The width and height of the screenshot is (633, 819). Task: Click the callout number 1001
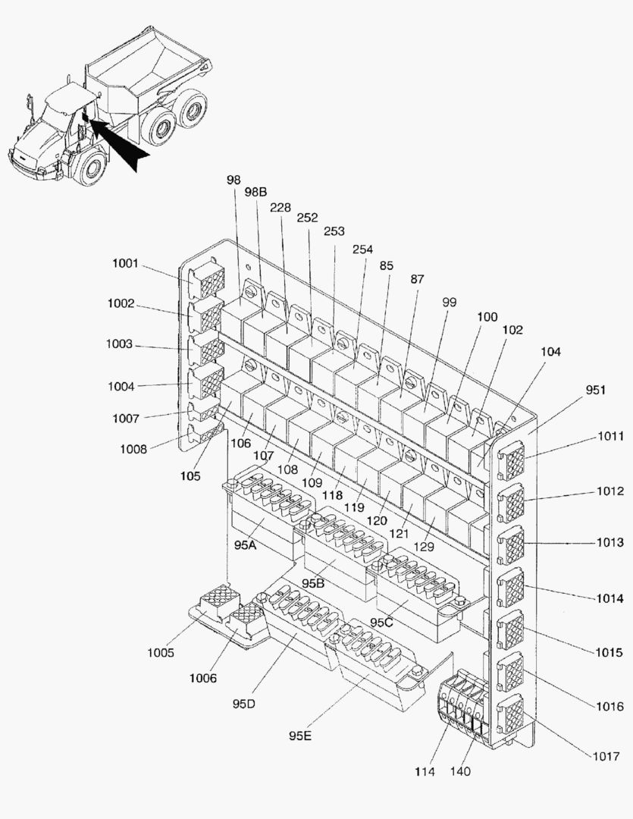125,264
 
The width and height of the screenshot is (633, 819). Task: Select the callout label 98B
255,192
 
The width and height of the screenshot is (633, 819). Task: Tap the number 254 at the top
362,249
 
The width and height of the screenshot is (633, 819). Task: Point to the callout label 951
596,389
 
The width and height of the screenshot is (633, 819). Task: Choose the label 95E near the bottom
300,735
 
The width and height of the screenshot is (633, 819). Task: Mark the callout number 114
425,772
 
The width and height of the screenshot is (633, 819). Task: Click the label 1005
160,653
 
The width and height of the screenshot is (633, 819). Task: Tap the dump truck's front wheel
90,168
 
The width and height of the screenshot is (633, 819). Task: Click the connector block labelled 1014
512,586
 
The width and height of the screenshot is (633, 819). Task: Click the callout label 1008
134,448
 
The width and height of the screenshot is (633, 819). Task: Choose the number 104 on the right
552,353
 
